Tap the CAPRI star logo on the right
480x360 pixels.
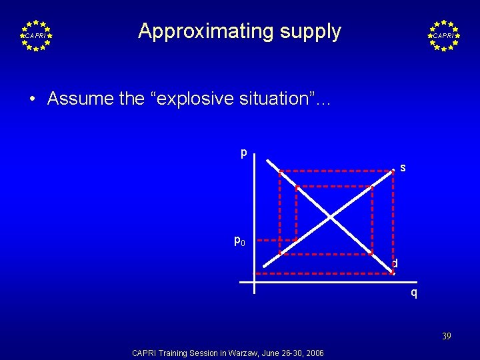(443, 35)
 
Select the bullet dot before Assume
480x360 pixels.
(33, 99)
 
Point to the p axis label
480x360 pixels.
(244, 153)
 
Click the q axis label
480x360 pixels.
(414, 292)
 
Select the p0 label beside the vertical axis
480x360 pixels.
(239, 240)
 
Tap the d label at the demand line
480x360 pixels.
(395, 264)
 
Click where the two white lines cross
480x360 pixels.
(331, 216)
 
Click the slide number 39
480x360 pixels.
(446, 337)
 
